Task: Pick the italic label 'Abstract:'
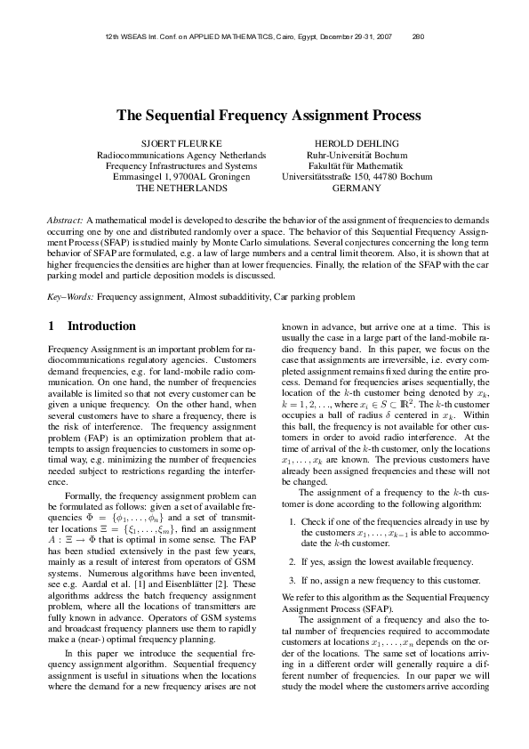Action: coord(65,219)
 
